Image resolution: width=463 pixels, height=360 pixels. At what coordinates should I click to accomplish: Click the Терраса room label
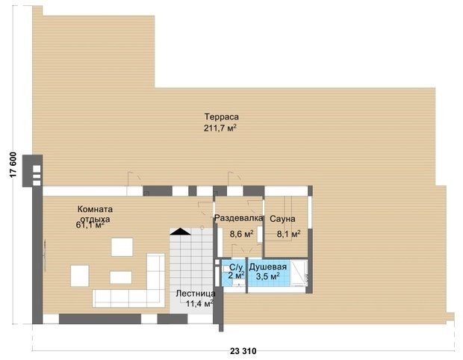[x=222, y=117]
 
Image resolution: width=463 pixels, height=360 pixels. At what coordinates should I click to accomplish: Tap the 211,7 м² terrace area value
[x=220, y=128]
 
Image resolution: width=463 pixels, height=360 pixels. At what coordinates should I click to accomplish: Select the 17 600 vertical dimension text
[x=13, y=165]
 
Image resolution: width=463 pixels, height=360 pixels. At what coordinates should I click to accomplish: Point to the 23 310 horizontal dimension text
[x=243, y=351]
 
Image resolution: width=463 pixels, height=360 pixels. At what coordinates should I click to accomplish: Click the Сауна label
[x=282, y=219]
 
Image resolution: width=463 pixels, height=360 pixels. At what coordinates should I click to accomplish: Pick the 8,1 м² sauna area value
[x=288, y=234]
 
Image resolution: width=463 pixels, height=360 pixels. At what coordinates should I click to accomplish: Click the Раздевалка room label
[x=238, y=218]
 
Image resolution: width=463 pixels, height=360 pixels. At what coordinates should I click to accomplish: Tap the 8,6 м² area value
[x=242, y=235]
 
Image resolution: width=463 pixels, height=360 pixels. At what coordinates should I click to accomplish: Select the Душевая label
[x=268, y=267]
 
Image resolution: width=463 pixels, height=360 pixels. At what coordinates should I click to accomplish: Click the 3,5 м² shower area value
[x=268, y=276]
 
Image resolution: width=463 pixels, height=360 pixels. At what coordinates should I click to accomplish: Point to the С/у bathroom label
[x=236, y=267]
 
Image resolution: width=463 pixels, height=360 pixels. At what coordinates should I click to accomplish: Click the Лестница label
[x=196, y=294]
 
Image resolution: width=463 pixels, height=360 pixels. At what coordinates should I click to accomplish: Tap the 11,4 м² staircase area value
[x=199, y=303]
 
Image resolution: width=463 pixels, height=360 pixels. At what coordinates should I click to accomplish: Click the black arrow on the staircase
[x=180, y=232]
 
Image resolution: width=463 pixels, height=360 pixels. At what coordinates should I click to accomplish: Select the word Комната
[x=95, y=209]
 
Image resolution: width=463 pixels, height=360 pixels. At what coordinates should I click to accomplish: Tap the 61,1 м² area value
[x=90, y=225]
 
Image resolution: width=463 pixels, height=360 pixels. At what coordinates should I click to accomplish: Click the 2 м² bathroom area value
[x=236, y=276]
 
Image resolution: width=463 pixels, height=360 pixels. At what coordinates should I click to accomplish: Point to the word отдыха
[x=96, y=219]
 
